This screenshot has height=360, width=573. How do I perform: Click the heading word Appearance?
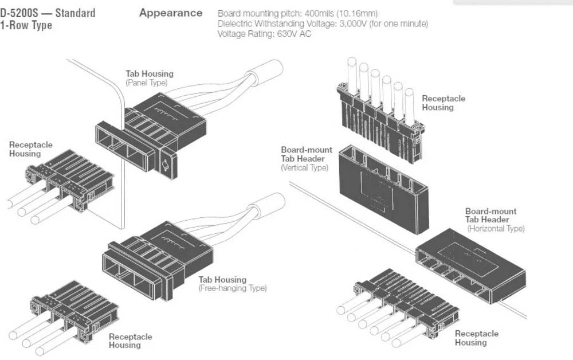pos(170,13)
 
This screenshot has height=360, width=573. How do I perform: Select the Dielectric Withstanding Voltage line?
pos(322,24)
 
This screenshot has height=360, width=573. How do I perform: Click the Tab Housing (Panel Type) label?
pos(149,78)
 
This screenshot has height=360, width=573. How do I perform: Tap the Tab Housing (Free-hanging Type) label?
pos(232,284)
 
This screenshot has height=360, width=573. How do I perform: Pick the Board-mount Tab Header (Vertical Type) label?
pos(306,159)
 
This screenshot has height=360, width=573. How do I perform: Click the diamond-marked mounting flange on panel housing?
pos(166,166)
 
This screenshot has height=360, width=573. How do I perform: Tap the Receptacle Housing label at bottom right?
pos(476,338)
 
